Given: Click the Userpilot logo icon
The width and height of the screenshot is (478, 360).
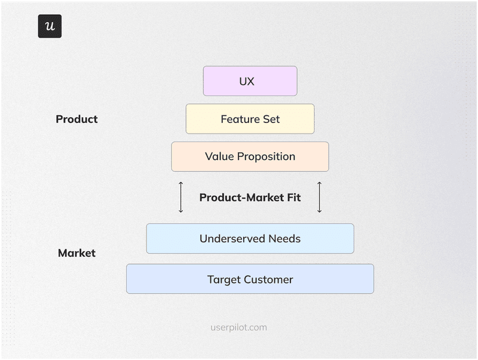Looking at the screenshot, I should (50, 26).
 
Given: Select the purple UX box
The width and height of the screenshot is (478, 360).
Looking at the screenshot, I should (250, 81).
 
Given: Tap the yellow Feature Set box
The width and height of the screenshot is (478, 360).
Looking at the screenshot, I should (250, 119).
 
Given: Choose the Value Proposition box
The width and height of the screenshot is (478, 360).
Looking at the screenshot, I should (250, 156).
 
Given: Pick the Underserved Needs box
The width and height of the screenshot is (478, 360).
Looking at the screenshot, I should (250, 239).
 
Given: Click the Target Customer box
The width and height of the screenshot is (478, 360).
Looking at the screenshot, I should (250, 279).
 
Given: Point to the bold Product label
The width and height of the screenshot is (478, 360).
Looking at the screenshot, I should (76, 119).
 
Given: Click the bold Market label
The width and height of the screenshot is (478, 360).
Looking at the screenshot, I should (76, 253).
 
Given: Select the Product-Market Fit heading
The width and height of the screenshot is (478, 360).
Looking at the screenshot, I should (250, 198).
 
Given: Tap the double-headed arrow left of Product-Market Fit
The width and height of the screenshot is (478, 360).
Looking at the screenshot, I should (181, 198).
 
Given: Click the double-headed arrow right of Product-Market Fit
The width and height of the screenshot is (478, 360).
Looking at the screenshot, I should (319, 198).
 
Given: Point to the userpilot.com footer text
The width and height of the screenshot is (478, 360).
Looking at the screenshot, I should (239, 327).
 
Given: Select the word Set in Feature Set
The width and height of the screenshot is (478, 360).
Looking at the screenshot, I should (271, 119).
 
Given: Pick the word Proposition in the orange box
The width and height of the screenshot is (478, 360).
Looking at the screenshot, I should (266, 157).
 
